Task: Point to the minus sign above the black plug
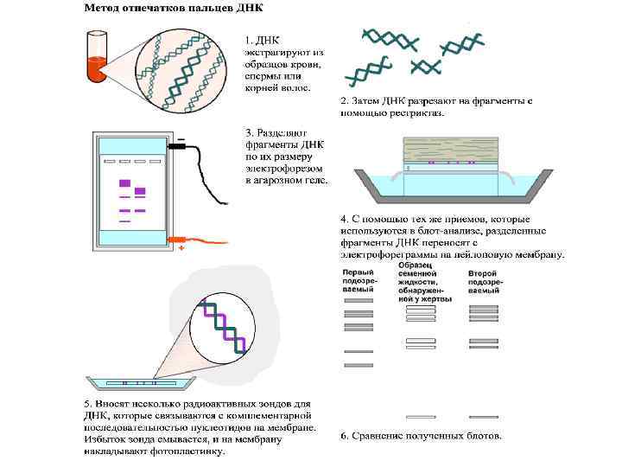[x=181, y=138]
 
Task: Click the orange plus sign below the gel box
[x=181, y=249]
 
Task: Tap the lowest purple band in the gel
[x=124, y=221]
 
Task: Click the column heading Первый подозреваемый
[x=358, y=280]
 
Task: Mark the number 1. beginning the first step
[x=249, y=40]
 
